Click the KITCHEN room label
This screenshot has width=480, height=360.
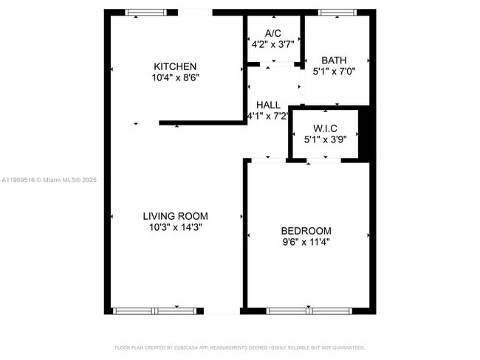pyautogui.click(x=175, y=66)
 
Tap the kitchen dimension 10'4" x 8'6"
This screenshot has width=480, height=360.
pyautogui.click(x=176, y=77)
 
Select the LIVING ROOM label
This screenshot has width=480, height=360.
pyautogui.click(x=175, y=216)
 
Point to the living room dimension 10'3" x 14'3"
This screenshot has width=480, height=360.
pyautogui.click(x=175, y=227)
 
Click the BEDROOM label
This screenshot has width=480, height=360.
pyautogui.click(x=306, y=231)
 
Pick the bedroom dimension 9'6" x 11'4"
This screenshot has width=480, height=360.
pyautogui.click(x=306, y=241)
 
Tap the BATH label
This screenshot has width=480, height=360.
pyautogui.click(x=334, y=60)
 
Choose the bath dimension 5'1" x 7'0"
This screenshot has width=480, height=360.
pyautogui.click(x=334, y=72)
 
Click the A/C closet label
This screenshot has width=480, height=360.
pyautogui.click(x=273, y=33)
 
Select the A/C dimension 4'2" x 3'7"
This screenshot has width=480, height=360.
pyautogui.click(x=273, y=44)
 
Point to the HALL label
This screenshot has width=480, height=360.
pyautogui.click(x=267, y=105)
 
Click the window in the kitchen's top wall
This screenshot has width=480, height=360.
pyautogui.click(x=146, y=12)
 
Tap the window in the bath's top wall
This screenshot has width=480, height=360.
pyautogui.click(x=337, y=12)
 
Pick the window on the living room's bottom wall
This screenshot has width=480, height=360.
pyautogui.click(x=155, y=311)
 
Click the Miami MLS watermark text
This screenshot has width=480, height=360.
pyautogui.click(x=49, y=180)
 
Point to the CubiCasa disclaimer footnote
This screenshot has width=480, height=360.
pyautogui.click(x=240, y=347)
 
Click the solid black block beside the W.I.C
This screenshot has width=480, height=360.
pyautogui.click(x=363, y=134)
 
